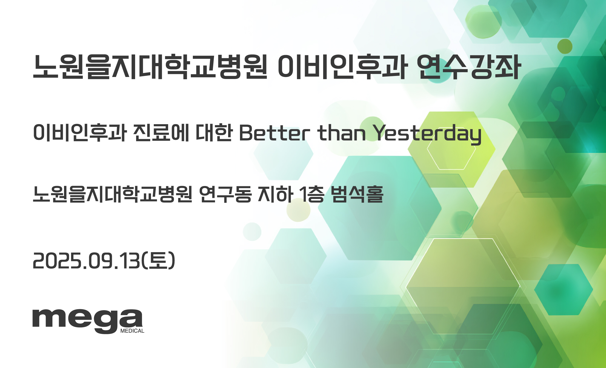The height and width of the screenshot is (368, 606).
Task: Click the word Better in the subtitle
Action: tap(275, 133)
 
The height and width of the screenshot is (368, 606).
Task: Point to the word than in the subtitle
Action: tap(342, 133)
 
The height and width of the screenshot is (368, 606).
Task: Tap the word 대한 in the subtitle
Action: tap(214, 133)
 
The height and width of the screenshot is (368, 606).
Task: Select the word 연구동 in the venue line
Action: tap(225, 194)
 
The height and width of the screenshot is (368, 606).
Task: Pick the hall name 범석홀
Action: tap(357, 194)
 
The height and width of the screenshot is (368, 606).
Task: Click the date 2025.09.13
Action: tap(86, 261)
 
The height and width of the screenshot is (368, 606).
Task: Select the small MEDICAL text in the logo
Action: tap(132, 331)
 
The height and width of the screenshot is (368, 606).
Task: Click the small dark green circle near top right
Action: tap(565, 46)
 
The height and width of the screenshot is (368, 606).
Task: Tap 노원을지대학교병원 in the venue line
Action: tap(113, 194)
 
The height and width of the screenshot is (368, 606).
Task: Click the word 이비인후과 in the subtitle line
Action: tap(80, 133)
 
